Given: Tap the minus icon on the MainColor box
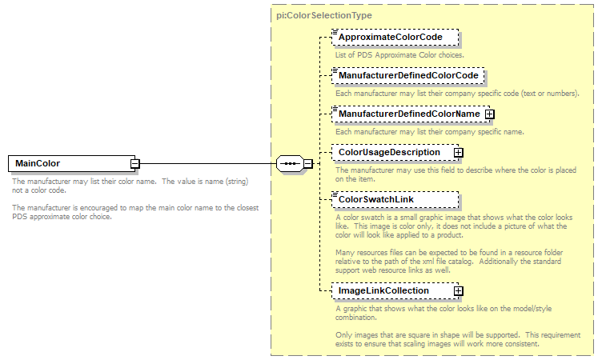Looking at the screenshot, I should click(x=135, y=164).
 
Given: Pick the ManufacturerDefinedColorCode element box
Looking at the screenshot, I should click(x=407, y=75).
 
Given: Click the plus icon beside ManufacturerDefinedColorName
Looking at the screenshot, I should click(x=490, y=114).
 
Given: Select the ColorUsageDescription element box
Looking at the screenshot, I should click(x=390, y=152).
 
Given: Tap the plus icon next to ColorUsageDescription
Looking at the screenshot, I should click(x=459, y=152).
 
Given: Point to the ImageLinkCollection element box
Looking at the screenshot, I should click(x=390, y=290).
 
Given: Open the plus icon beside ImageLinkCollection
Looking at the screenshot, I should click(x=459, y=290).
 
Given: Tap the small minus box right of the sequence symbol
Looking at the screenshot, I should click(x=308, y=164).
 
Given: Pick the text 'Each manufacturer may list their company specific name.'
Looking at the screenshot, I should click(x=429, y=131).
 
